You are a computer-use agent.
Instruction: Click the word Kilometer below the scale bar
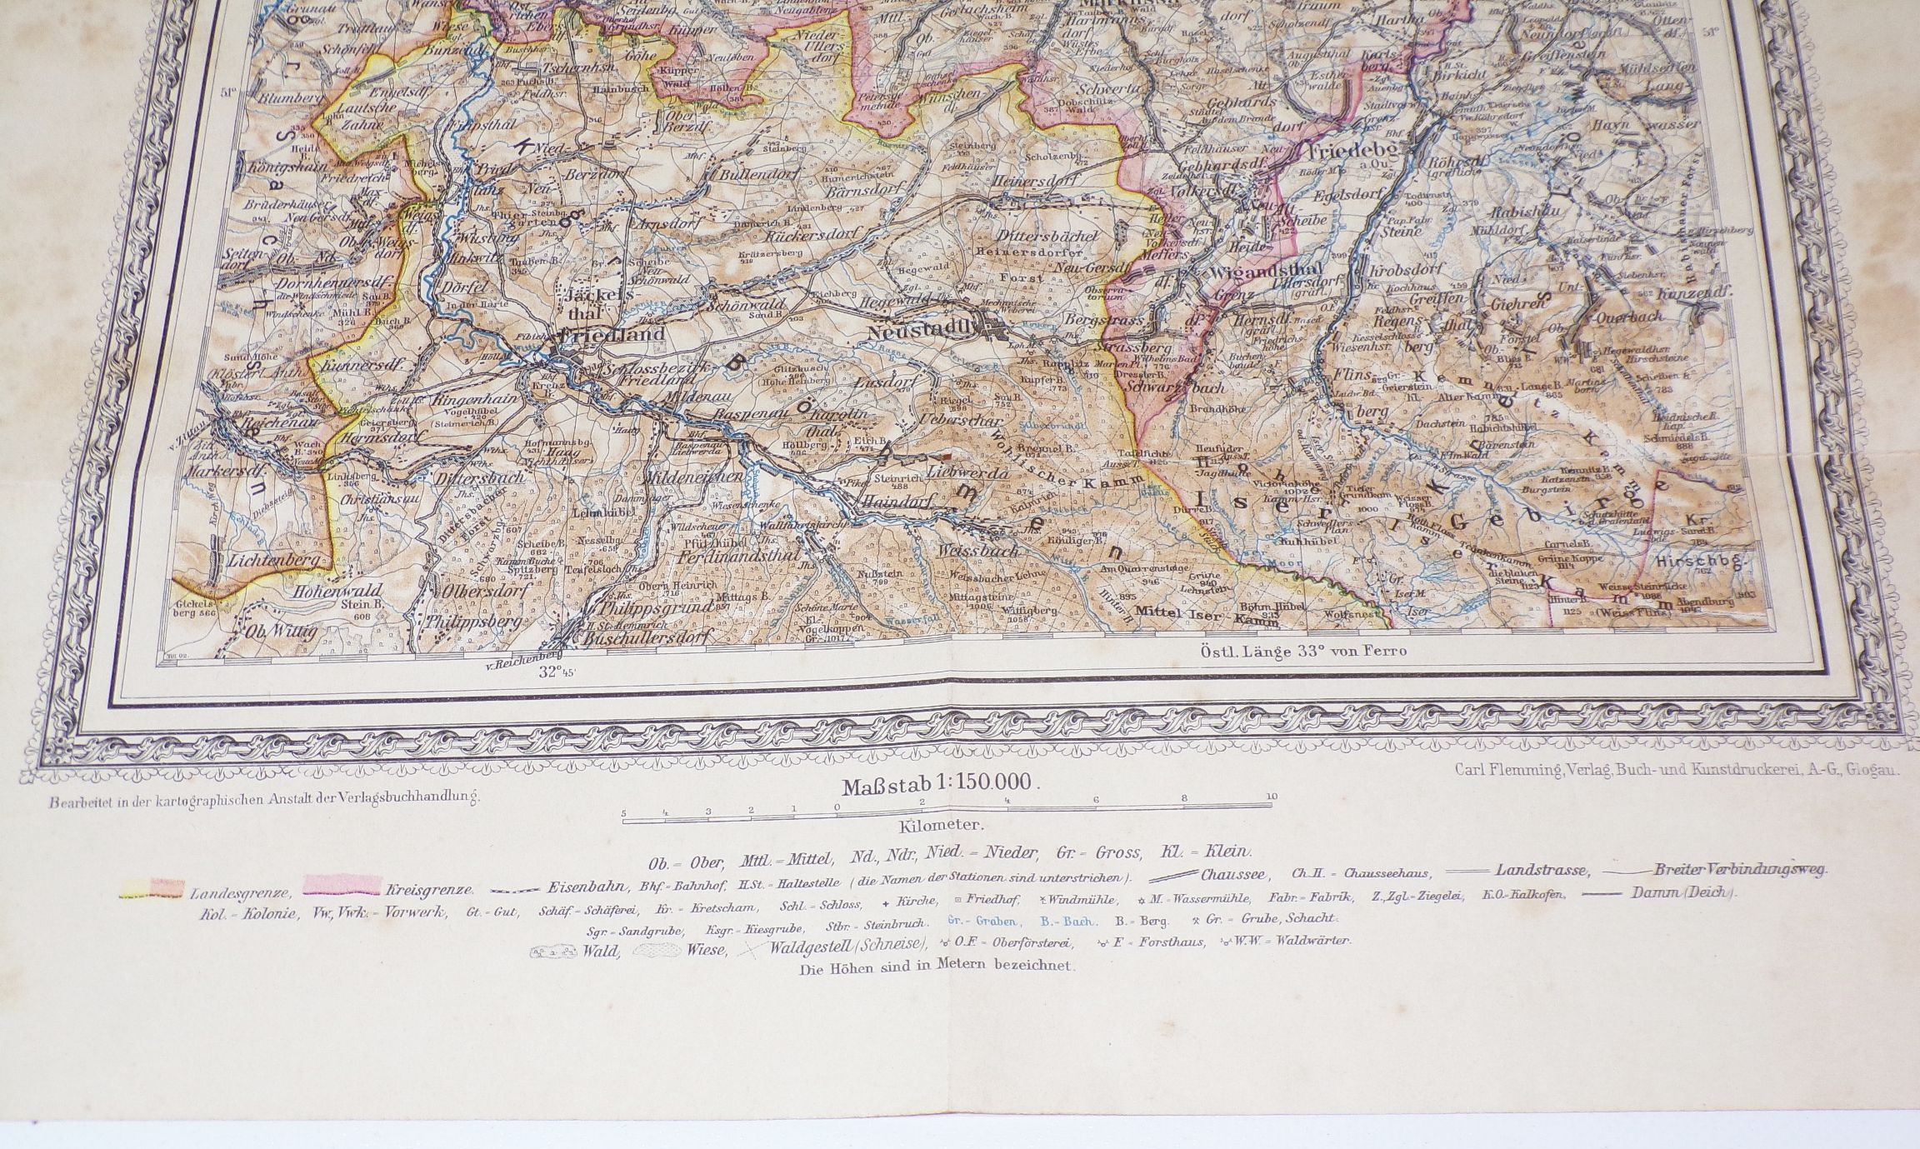[x=941, y=826]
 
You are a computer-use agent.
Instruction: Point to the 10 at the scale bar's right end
[x=1270, y=796]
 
